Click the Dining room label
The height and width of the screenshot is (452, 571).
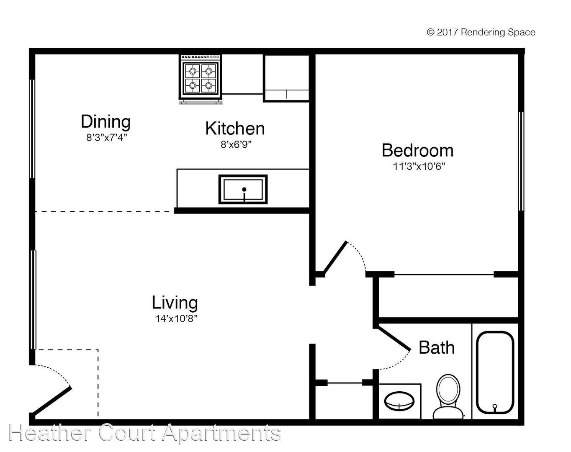click(x=105, y=122)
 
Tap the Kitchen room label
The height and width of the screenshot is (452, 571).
click(x=235, y=128)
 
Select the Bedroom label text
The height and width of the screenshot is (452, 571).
click(x=417, y=150)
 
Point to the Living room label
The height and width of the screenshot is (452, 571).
click(x=175, y=303)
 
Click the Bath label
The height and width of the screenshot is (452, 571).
click(x=436, y=348)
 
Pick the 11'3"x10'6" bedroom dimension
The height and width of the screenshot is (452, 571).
click(x=418, y=167)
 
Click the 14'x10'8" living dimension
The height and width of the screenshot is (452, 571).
click(x=176, y=319)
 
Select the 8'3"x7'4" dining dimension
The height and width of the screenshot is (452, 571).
click(x=106, y=138)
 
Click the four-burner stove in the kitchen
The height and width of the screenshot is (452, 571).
click(x=201, y=79)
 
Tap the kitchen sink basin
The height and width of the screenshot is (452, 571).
click(x=243, y=190)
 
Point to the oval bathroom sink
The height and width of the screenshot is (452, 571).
click(x=399, y=401)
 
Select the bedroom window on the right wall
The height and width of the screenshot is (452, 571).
click(x=521, y=161)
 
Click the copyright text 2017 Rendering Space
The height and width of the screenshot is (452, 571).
click(x=481, y=32)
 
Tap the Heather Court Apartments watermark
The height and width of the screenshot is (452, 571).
click(x=144, y=433)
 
